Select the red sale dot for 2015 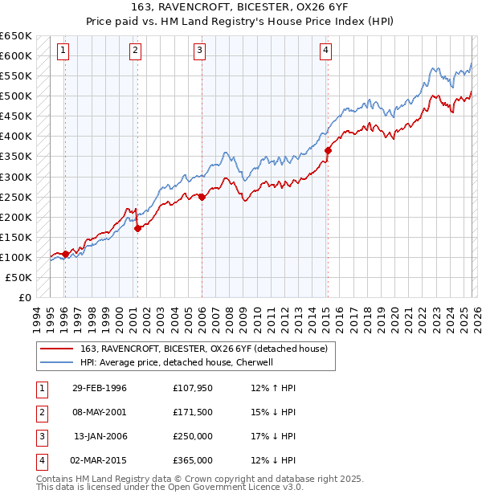click(x=328, y=150)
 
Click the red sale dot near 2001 click(x=137, y=228)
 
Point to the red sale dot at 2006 click(x=202, y=197)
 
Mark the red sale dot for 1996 click(x=65, y=254)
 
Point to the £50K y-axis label click(x=19, y=277)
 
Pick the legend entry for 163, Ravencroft click(x=203, y=349)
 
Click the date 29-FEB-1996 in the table click(x=99, y=389)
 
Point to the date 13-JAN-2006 click(x=99, y=436)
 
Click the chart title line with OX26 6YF click(x=241, y=7)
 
